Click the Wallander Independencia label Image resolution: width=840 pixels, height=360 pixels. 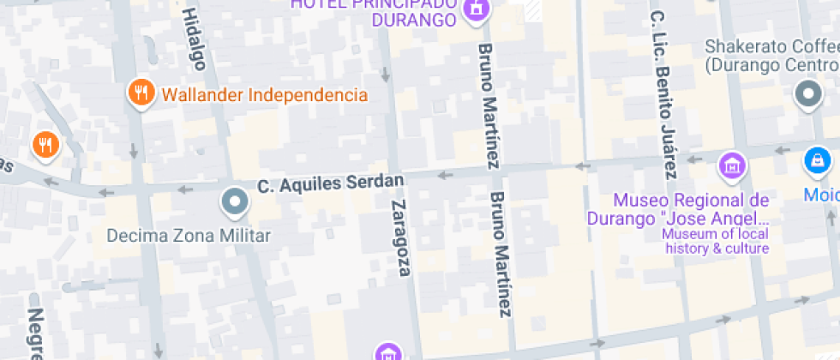pos(264,94)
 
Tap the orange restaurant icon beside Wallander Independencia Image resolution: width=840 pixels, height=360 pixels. pos(140,93)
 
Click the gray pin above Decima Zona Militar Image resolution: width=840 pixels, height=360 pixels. pos(234,202)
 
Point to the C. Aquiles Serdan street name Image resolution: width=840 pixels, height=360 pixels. pos(331,183)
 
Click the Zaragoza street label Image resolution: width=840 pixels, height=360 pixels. pos(400,237)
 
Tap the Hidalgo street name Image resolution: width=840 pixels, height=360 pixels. pos(195,38)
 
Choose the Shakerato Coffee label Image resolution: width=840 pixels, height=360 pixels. pos(771,55)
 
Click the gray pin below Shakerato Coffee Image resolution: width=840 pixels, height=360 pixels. pos(807,93)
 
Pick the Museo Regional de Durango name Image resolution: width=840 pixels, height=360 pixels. pos(691,209)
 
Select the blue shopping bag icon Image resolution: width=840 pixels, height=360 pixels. pos(817,160)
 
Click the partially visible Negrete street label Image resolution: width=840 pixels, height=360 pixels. pos(35,334)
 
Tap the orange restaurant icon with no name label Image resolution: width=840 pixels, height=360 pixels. pos(45,144)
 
